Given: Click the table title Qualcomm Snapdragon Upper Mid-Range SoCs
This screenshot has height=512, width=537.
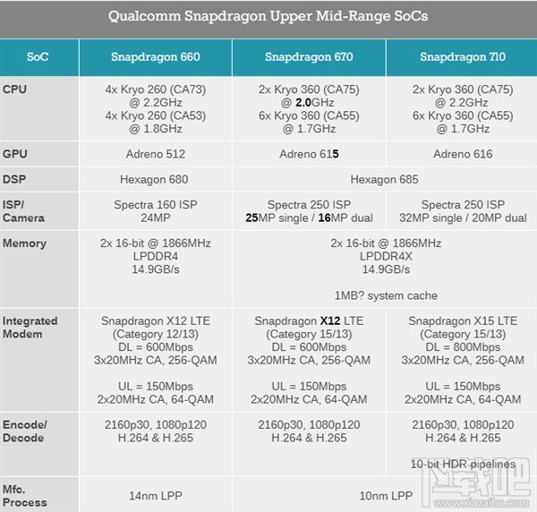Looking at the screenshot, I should coord(268,16).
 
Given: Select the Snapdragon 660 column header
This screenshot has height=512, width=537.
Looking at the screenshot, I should coord(155,57).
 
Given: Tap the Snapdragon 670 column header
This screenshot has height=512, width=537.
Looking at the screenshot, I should coord(309,57).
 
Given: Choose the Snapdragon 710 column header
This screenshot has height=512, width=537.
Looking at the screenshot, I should coord(462,57).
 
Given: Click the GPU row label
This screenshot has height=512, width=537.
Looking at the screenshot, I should coord(15,154).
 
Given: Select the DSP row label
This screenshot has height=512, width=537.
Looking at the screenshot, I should coord(15,179).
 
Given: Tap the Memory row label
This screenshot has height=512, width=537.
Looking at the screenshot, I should coord(24,243).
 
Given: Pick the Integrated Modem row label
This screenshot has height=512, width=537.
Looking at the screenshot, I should coord(30,328).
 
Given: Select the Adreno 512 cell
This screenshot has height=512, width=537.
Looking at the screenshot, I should coord(155,154).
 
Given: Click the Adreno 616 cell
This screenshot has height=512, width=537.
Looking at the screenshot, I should coord(462,154).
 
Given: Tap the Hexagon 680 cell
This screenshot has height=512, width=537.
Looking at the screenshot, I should coord(155,179).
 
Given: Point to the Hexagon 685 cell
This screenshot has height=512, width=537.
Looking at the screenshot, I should coord(385,179).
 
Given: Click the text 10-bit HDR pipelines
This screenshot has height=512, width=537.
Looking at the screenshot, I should coord(462,463).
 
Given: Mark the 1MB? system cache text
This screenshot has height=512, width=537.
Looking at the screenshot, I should coord(385,295).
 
